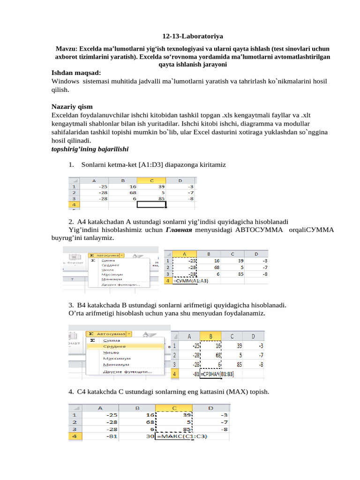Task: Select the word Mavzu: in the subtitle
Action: (67, 49)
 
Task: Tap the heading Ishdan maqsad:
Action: (76, 73)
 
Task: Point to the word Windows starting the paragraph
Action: (65, 82)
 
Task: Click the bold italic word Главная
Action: (179, 230)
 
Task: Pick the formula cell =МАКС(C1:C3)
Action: (183, 436)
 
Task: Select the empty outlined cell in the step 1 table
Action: (151, 205)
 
